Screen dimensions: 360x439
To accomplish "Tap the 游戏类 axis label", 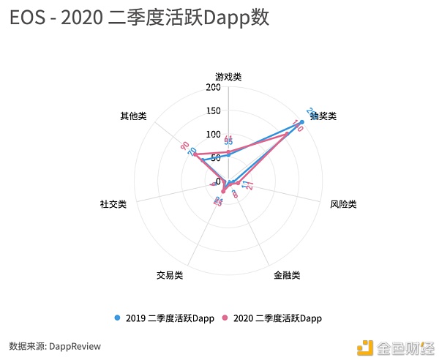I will [x=228, y=76].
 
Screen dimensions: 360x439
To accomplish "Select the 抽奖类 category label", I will [x=323, y=116].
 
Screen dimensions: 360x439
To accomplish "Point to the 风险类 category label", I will [x=343, y=204].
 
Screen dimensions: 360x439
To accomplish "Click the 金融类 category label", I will [x=287, y=275].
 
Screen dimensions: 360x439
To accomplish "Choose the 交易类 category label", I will [x=169, y=275].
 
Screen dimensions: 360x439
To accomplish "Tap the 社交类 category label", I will [x=113, y=204].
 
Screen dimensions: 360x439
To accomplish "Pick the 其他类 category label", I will [x=133, y=116].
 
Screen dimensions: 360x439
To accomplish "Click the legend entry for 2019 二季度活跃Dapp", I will [x=167, y=318].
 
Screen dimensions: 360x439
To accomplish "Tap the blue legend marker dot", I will [x=118, y=318].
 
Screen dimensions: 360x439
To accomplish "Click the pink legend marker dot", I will [x=225, y=318].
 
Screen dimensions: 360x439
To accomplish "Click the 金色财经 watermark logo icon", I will [x=364, y=346].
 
